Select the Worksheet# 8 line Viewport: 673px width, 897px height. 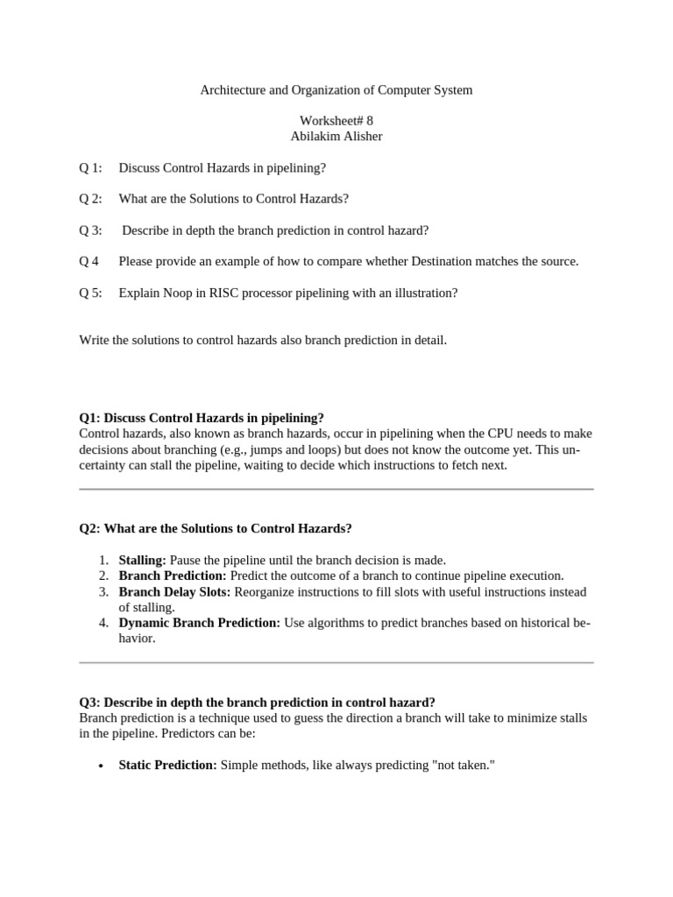point(336,121)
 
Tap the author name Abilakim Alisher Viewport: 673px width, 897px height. point(336,137)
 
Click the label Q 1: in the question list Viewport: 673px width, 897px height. point(91,167)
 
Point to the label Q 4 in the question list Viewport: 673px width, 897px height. point(89,261)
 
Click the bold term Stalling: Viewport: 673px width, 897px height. point(142,560)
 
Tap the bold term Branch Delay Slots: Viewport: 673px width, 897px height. point(174,591)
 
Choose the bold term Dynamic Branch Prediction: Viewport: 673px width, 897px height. point(199,623)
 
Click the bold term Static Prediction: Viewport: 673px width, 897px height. point(167,765)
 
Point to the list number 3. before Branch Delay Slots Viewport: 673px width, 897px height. point(103,591)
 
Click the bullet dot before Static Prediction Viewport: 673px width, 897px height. point(101,766)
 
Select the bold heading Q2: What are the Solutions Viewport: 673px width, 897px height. point(216,528)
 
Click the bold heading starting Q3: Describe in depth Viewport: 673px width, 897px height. point(257,702)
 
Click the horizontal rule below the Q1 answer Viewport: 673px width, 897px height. point(336,489)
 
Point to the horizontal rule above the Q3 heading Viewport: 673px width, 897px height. point(336,662)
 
